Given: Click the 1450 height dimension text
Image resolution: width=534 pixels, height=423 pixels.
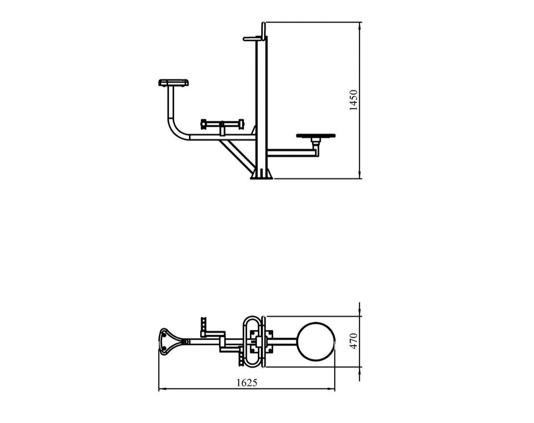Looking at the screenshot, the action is tap(354, 100).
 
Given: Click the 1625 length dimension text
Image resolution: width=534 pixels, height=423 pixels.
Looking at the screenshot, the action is tap(247, 383).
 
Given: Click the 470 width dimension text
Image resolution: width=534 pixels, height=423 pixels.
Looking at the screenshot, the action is tap(354, 341).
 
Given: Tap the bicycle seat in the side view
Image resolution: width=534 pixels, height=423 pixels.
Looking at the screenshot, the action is tap(174, 83).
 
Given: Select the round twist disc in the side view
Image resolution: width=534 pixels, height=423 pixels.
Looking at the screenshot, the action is tap(316, 136).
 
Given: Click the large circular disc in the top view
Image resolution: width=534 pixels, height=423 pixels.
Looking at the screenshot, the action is tap(316, 341).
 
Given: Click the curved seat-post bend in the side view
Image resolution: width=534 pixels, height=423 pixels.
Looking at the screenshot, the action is tap(178, 129).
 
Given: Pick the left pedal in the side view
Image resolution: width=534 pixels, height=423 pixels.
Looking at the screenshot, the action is tap(203, 124).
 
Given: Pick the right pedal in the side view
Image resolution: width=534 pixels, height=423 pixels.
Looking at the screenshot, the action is tap(241, 124).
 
